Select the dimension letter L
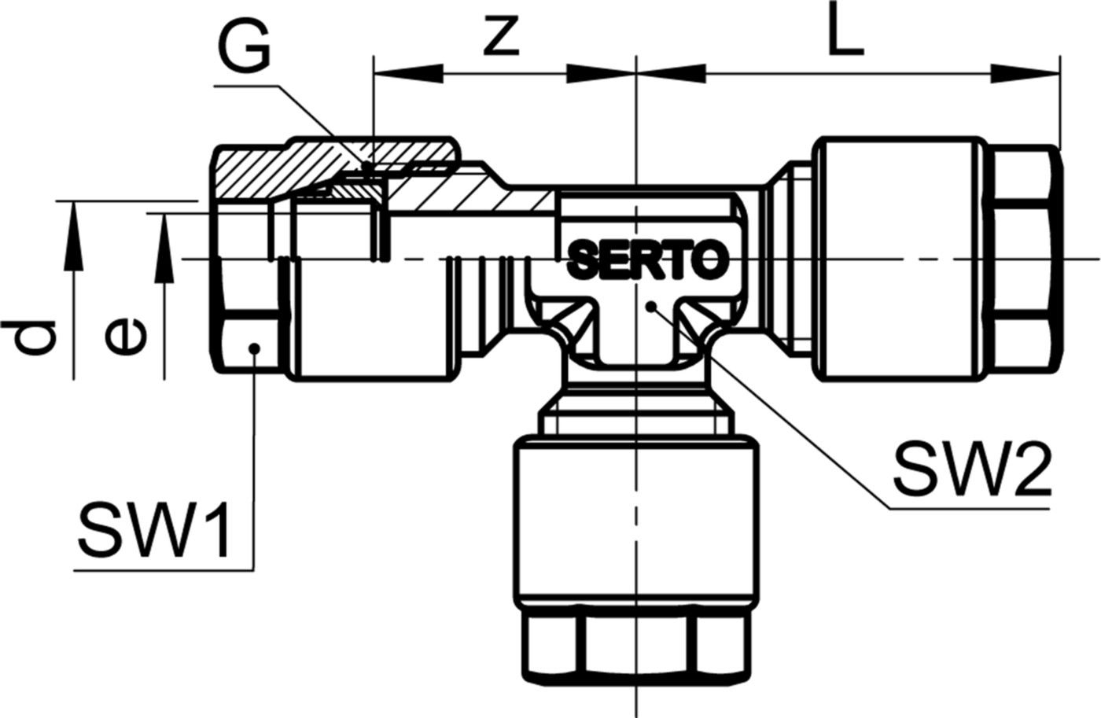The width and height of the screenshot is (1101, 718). click(x=845, y=33)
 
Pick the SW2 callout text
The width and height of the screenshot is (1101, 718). click(x=970, y=469)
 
